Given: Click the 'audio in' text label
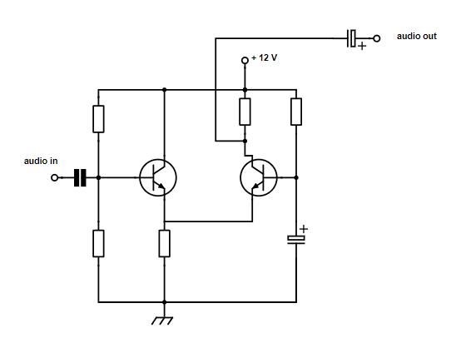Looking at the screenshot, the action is (x=41, y=161).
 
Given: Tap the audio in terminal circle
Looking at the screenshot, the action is (x=54, y=177).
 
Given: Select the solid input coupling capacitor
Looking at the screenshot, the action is (x=80, y=177).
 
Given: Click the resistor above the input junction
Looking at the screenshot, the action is (x=98, y=119).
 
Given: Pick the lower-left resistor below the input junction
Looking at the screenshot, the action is (x=98, y=243).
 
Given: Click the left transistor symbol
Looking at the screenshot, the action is (x=158, y=177).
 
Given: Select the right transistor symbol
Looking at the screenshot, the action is (x=259, y=177).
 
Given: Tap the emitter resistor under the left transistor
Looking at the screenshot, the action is (x=164, y=243).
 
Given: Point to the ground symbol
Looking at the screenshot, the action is (x=162, y=321).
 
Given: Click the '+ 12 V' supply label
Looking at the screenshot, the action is (x=265, y=58).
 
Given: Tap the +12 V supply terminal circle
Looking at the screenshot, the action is (x=245, y=61).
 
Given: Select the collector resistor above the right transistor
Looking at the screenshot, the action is (x=245, y=112).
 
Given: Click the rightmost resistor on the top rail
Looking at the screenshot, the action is (x=296, y=112).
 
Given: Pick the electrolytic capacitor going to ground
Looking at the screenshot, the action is (x=296, y=240).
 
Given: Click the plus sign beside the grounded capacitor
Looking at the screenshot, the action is (x=304, y=229).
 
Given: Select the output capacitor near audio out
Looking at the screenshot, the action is (x=351, y=38).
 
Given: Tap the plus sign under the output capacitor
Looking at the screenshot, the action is (x=362, y=47).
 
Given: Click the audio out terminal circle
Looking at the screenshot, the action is (x=377, y=38).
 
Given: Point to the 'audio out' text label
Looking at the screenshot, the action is (x=417, y=36).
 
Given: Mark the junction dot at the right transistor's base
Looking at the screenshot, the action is (x=296, y=177).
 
